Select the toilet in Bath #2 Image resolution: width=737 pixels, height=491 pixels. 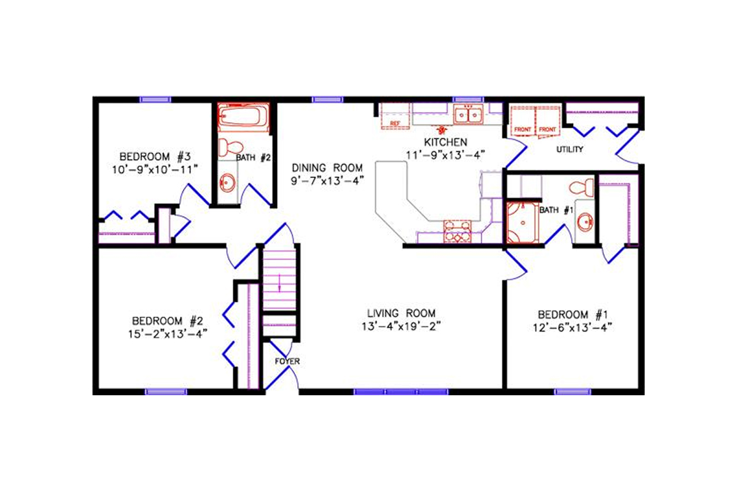coord(231,147)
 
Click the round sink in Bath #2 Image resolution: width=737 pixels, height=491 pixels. coord(228,182)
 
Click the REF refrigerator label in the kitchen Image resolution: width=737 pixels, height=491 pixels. coord(396,124)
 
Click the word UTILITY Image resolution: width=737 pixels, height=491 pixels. coord(569,150)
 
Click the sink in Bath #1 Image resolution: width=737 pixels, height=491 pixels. coord(585,222)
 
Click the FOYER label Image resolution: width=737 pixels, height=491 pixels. coord(287,361)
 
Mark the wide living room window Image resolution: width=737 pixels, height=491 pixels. coord(400,391)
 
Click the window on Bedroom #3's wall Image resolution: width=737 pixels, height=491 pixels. coord(155,99)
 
